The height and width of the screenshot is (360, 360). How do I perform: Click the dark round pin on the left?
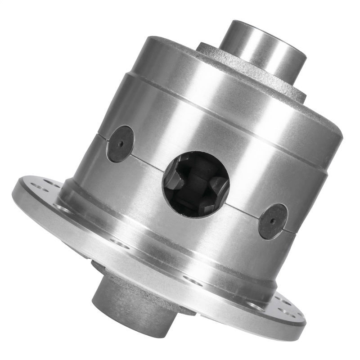click(120, 144)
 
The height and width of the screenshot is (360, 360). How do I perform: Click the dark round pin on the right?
click(273, 221)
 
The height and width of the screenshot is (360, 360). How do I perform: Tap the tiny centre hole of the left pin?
click(120, 144)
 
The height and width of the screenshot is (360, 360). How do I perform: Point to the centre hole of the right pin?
click(273, 222)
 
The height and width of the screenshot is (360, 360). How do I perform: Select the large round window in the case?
click(196, 184)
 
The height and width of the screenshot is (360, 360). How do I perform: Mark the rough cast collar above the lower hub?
click(148, 288)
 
